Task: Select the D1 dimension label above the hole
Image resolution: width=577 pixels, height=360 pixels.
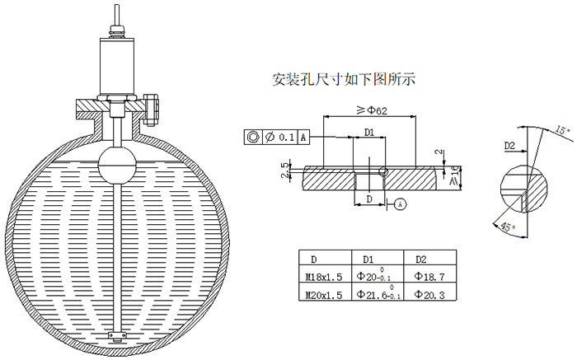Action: coord(370,132)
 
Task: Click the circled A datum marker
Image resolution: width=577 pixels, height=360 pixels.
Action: coord(400,203)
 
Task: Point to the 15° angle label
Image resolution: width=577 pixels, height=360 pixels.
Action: coord(562,130)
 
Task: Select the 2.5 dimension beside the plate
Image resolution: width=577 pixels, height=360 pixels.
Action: coord(286,171)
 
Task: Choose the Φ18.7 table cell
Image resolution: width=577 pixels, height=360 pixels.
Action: coord(429,278)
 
